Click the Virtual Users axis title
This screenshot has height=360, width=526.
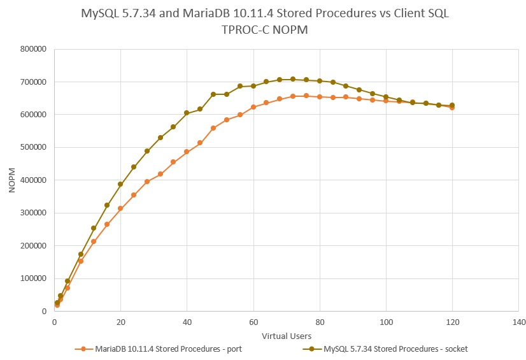286,335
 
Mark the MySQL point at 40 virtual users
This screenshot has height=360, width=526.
187,113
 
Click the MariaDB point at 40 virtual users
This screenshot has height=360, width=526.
187,152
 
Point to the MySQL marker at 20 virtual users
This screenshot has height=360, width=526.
120,184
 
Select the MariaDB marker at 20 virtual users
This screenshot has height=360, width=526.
120,208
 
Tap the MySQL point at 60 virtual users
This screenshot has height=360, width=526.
253,86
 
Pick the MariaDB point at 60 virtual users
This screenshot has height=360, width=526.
253,107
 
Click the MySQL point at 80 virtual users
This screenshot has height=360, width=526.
320,81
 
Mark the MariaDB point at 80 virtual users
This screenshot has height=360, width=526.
320,97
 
